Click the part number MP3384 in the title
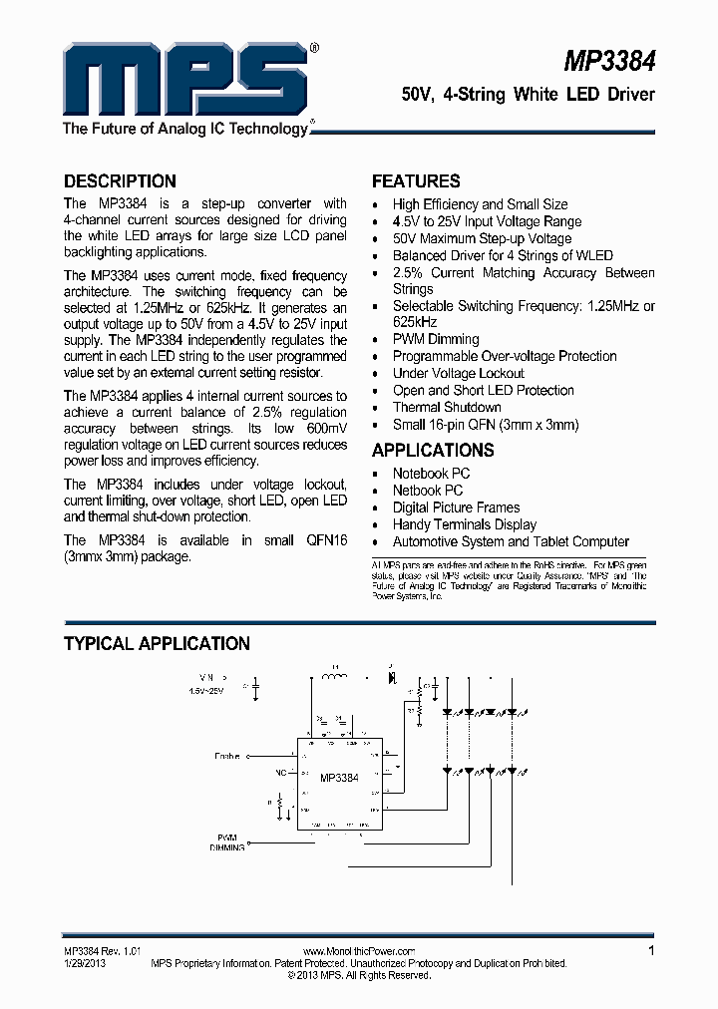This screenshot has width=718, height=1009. click(x=609, y=62)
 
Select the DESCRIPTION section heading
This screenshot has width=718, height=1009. click(x=120, y=181)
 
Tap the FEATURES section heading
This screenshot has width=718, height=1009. click(x=416, y=181)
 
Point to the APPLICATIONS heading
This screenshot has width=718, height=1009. click(x=433, y=450)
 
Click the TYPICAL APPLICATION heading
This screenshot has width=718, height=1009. click(x=157, y=644)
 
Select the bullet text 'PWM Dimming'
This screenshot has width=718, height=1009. click(x=436, y=339)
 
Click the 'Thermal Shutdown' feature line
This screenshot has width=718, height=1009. click(x=447, y=407)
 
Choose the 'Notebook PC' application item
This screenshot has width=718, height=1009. click(x=431, y=474)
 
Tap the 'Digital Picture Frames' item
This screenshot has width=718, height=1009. click(x=456, y=507)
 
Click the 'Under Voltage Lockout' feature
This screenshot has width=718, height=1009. click(x=459, y=373)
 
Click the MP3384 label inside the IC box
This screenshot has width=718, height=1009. click(x=339, y=777)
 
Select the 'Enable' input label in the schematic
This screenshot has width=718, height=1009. click(x=227, y=756)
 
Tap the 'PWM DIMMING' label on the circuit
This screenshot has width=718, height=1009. click(x=228, y=841)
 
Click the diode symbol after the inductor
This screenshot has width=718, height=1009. click(x=392, y=677)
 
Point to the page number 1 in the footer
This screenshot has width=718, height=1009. click(x=651, y=951)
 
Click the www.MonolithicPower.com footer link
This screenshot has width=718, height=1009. click(x=358, y=952)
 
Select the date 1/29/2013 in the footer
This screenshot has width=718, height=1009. click(x=85, y=964)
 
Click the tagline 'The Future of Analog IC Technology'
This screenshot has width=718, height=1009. click(x=185, y=129)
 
